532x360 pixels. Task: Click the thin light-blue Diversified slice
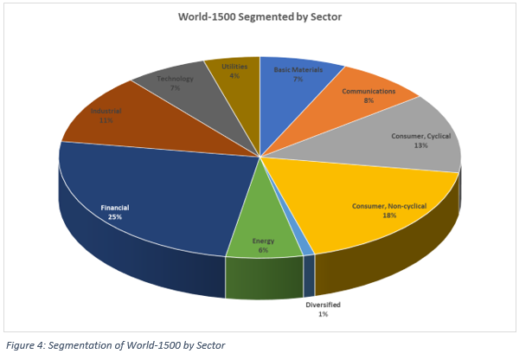307,249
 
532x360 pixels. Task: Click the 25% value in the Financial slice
115,217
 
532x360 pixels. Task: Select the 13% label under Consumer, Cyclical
420,145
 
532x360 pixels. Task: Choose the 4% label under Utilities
234,75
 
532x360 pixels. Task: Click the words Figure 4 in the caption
27,345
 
